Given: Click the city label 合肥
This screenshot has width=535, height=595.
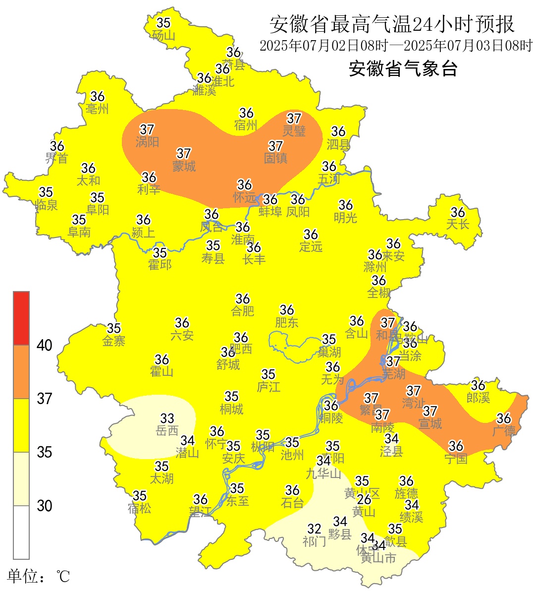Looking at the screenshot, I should click(243, 311).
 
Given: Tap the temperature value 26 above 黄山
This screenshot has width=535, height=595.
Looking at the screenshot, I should click(364, 499).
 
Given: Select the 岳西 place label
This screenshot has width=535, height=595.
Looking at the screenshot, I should click(167, 431).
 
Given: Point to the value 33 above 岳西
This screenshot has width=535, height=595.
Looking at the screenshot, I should click(167, 419).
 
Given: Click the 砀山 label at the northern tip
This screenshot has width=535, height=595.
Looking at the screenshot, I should click(163, 35).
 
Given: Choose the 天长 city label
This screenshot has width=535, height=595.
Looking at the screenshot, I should click(457, 224).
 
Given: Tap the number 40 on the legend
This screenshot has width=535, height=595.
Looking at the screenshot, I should click(45, 345).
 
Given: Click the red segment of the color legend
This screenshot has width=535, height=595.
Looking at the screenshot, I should click(21, 318).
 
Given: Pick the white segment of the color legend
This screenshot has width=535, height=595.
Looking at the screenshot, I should click(21, 532).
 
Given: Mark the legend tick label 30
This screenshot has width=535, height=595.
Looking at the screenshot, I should click(45, 506).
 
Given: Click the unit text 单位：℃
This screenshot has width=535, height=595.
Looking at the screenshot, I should click(39, 576).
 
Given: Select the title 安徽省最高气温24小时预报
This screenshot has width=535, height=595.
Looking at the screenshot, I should click(392, 24).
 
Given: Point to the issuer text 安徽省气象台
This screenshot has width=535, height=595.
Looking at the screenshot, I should click(403, 68).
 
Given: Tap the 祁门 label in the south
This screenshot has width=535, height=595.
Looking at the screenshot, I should click(314, 541).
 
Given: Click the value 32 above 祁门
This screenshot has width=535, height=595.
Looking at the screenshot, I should click(314, 529).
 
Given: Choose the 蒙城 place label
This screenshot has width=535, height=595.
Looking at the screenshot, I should click(184, 166).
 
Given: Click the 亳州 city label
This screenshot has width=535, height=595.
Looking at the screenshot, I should click(97, 109).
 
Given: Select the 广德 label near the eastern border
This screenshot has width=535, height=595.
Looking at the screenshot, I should click(504, 431).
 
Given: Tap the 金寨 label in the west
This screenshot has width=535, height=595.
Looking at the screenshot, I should click(114, 341).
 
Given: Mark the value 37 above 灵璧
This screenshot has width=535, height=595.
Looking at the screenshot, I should click(294, 119).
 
